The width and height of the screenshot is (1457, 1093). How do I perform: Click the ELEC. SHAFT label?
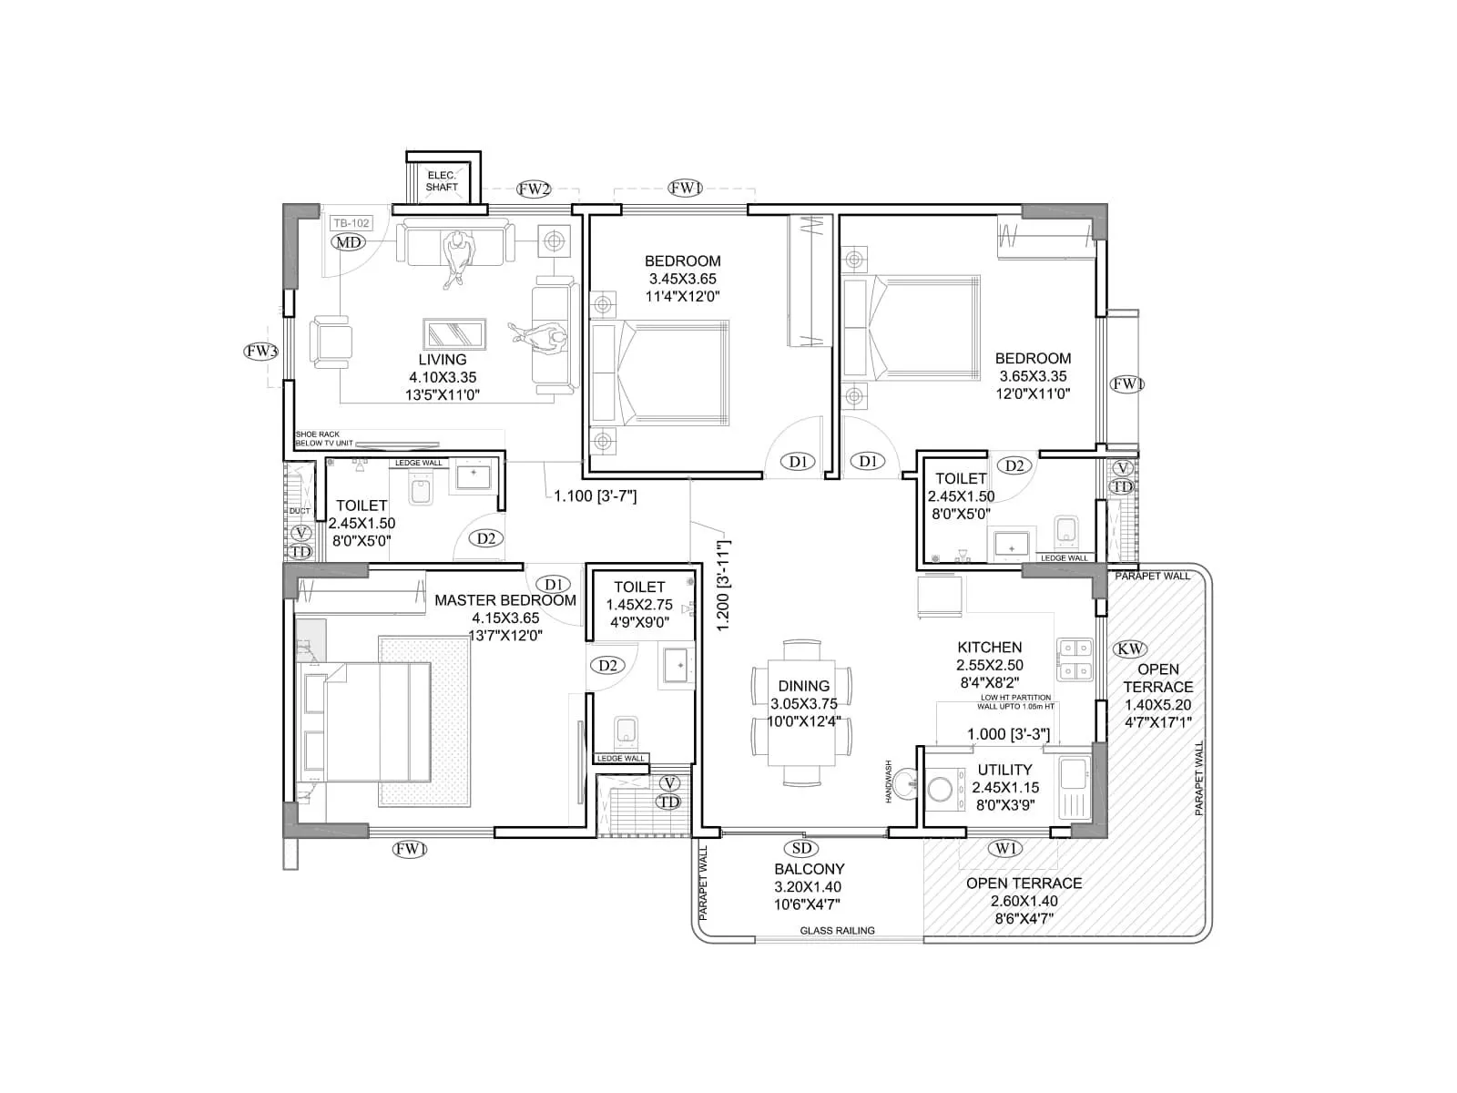(x=442, y=180)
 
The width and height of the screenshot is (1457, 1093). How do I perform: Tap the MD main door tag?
(x=348, y=242)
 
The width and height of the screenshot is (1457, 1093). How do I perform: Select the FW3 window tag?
(x=261, y=351)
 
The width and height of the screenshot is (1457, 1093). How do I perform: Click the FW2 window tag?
(x=534, y=189)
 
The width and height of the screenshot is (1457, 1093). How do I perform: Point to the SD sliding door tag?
(x=801, y=849)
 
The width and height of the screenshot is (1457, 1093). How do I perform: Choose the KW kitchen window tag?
(x=1130, y=649)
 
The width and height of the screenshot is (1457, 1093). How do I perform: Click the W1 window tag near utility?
(x=1005, y=849)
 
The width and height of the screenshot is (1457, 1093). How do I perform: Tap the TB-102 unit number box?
(x=351, y=223)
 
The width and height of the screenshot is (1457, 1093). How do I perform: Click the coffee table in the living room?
(x=454, y=333)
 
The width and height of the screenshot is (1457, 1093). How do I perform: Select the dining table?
(x=801, y=710)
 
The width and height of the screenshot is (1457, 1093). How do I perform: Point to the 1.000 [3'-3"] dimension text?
(x=1008, y=734)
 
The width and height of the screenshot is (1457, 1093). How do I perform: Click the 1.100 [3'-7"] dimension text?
(x=595, y=496)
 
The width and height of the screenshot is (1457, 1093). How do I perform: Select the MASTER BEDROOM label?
(x=505, y=600)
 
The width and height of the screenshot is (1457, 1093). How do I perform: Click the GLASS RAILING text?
(x=837, y=930)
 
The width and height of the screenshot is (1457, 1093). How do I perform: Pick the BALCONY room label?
(x=809, y=869)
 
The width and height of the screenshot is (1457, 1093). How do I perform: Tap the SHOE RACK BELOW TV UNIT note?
(x=323, y=439)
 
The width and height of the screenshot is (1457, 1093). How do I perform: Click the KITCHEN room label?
(x=989, y=648)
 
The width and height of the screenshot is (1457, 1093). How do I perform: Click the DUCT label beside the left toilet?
(x=300, y=511)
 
